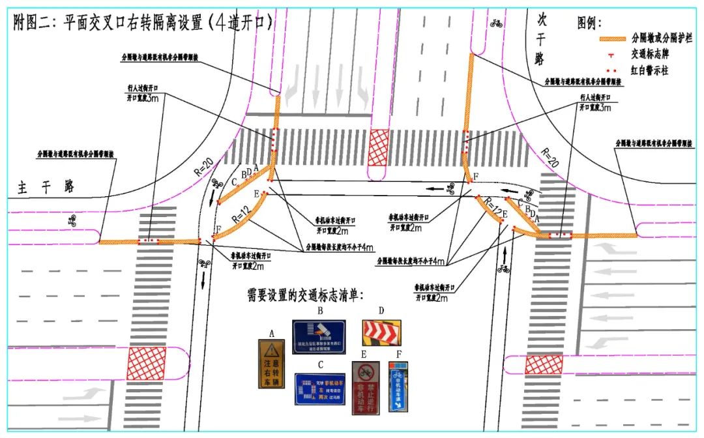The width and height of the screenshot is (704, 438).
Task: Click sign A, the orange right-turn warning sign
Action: pos(271,364)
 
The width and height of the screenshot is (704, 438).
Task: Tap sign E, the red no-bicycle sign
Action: pos(366,387)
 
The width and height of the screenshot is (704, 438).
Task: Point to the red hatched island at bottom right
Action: pos(544,364)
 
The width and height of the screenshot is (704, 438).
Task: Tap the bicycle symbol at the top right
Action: pos(496,23)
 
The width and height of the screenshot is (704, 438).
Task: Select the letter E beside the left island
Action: pos(256,194)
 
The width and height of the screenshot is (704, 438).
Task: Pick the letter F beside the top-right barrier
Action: pos(476,177)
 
